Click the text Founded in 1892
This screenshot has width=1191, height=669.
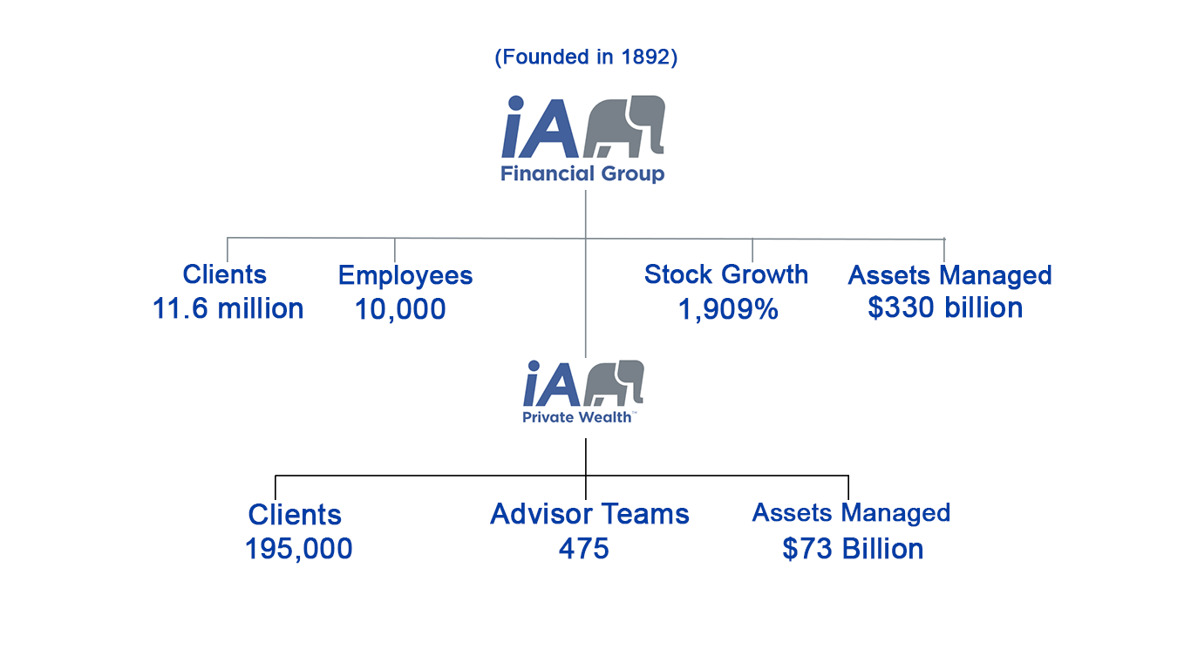(586, 57)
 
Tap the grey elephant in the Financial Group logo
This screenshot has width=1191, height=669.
(624, 126)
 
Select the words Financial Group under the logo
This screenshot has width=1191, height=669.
(582, 173)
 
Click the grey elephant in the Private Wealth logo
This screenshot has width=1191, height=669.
(614, 382)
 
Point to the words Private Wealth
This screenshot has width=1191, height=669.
(577, 417)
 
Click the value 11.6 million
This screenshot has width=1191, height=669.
(228, 308)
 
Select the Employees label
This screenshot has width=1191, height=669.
(405, 276)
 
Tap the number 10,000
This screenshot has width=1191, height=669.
(400, 309)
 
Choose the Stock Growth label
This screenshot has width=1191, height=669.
(725, 274)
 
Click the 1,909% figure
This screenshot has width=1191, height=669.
(728, 309)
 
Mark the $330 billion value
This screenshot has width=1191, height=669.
(945, 307)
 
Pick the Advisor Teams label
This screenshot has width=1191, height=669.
(589, 514)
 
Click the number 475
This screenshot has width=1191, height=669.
(583, 549)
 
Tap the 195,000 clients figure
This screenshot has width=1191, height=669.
(298, 549)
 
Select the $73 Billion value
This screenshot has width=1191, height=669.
(853, 549)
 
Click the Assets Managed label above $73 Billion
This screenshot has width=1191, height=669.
(851, 513)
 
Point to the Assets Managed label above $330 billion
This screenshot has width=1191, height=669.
(949, 275)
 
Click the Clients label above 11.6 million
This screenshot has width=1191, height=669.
(224, 274)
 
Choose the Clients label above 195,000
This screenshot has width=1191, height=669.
(295, 514)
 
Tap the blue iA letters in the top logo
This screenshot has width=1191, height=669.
(540, 126)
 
